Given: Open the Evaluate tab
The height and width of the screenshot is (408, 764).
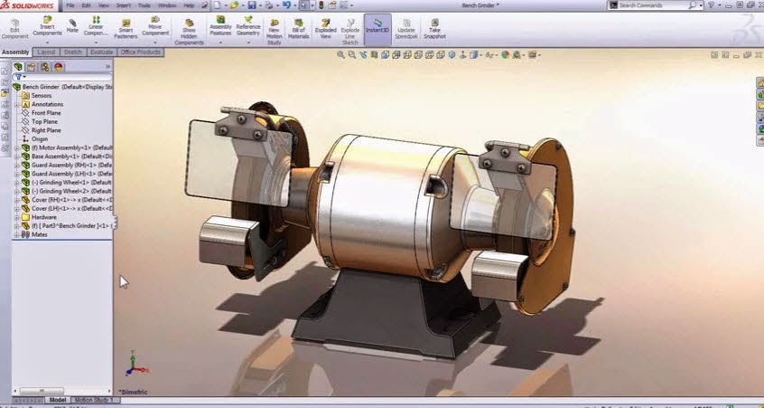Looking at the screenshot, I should [101, 52].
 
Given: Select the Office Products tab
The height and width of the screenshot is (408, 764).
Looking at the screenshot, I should [140, 52].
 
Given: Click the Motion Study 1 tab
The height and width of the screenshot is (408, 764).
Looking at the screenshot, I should [95, 399].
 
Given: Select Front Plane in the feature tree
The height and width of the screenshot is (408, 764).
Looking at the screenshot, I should [46, 112].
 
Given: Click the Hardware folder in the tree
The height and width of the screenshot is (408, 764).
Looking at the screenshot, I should [44, 217].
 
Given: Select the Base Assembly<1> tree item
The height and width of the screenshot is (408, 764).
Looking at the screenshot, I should [68, 157].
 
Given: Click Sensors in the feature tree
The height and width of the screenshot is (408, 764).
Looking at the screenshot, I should [42, 95].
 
